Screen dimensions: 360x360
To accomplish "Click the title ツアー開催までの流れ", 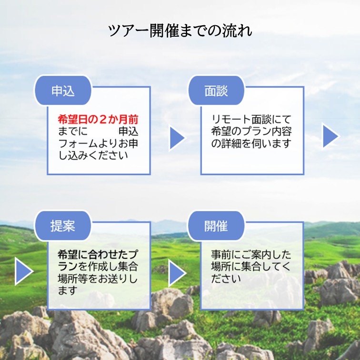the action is click(180, 30).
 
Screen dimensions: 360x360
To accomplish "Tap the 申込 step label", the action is click(63, 90).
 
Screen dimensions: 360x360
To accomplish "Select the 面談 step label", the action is click(216, 90).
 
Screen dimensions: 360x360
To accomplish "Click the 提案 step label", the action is click(63, 226).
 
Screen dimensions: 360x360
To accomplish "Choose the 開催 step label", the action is click(216, 226).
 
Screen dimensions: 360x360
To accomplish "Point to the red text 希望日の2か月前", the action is click(98, 120).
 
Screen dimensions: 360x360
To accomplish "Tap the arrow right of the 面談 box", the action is click(330, 136).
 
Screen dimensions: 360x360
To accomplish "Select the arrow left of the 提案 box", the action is click(24, 271).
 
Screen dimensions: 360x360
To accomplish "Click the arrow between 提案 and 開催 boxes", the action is click(177, 273).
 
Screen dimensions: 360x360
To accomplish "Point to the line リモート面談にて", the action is click(251, 120).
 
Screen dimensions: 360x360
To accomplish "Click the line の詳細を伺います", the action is click(251, 143).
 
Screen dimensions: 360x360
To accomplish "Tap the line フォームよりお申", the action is click(98, 143).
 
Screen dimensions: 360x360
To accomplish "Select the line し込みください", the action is click(93, 155).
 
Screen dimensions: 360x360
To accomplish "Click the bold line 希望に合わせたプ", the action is click(98, 255).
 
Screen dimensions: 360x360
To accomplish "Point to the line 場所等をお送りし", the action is click(98, 279).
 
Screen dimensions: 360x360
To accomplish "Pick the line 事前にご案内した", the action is click(251, 255).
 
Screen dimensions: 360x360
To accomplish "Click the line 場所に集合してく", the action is click(250, 267).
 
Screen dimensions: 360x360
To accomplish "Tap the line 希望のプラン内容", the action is click(251, 131).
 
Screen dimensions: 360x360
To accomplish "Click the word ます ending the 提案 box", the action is click(68, 290).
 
